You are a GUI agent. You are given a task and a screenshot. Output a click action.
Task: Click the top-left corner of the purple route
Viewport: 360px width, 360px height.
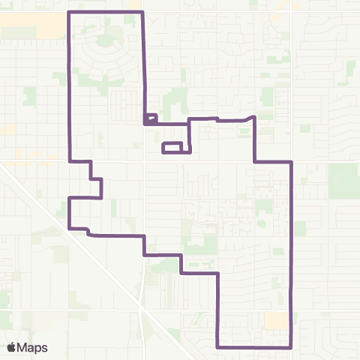(70, 13)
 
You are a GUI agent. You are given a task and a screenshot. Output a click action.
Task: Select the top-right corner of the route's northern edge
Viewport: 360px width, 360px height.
(142, 13)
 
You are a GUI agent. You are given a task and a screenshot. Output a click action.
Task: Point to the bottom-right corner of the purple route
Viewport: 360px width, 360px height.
(291, 347)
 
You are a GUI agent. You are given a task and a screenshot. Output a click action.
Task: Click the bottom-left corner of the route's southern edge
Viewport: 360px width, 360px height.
(217, 347)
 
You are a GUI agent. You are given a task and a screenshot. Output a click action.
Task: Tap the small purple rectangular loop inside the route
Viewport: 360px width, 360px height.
(172, 148)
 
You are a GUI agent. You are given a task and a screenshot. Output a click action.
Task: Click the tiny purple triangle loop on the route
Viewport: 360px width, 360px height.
(150, 118)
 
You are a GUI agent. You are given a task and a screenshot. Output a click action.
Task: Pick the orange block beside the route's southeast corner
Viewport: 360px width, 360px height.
(275, 321)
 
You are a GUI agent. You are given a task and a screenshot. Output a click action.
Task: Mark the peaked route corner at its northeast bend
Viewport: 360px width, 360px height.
(255, 117)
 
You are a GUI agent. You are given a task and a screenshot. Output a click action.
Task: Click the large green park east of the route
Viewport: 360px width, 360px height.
(343, 180)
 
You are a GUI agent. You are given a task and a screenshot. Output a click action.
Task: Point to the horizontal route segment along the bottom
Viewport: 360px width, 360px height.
(254, 347)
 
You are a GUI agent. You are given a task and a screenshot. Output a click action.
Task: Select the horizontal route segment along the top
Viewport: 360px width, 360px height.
(106, 13)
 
